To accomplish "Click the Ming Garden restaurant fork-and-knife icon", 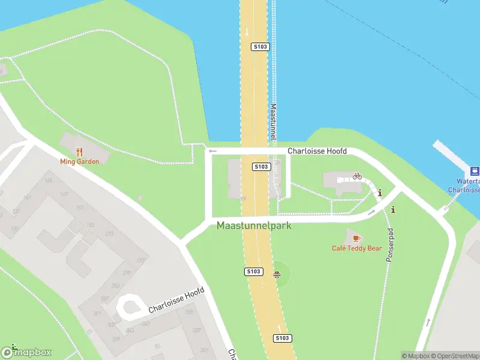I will [79, 152].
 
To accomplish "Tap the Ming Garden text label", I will [79, 161].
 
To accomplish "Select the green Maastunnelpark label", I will [254, 226].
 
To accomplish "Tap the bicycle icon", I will [358, 176].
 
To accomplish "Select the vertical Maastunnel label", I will [273, 123].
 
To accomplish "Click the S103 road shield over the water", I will [260, 46].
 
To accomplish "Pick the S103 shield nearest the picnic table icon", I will [254, 272].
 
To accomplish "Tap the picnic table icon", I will [277, 275].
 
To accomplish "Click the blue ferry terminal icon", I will [474, 170].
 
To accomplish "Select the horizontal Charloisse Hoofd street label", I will [317, 152].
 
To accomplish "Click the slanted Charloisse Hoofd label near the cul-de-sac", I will [176, 302].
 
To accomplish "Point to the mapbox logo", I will [26, 352].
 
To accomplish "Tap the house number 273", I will [109, 233].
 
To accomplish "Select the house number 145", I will [48, 181].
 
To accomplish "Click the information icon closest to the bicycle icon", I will [380, 193].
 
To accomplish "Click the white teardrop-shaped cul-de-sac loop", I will [128, 307].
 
